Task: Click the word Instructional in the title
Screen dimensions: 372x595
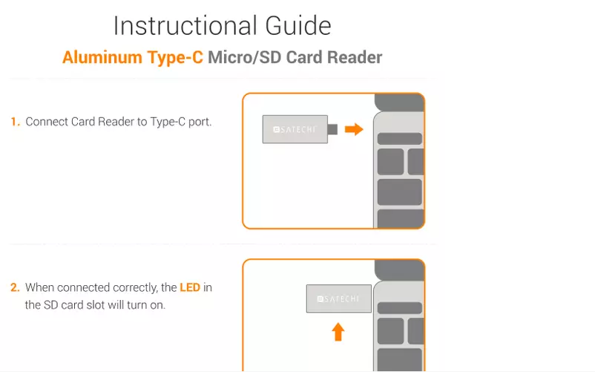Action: (175, 26)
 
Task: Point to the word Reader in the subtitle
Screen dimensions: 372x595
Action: (352, 58)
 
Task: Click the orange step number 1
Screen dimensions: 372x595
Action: (15, 122)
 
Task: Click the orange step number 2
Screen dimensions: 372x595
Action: (15, 287)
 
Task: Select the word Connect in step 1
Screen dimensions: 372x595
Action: (47, 122)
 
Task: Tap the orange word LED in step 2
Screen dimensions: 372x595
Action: (190, 287)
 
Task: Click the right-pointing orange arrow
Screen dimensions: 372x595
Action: (355, 129)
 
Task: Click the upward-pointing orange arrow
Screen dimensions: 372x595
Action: (338, 330)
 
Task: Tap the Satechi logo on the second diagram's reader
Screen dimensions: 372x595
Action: (338, 298)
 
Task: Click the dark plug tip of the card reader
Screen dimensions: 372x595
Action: (332, 129)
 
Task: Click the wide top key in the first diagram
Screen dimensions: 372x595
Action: (399, 139)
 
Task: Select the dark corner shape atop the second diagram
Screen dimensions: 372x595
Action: (399, 269)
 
